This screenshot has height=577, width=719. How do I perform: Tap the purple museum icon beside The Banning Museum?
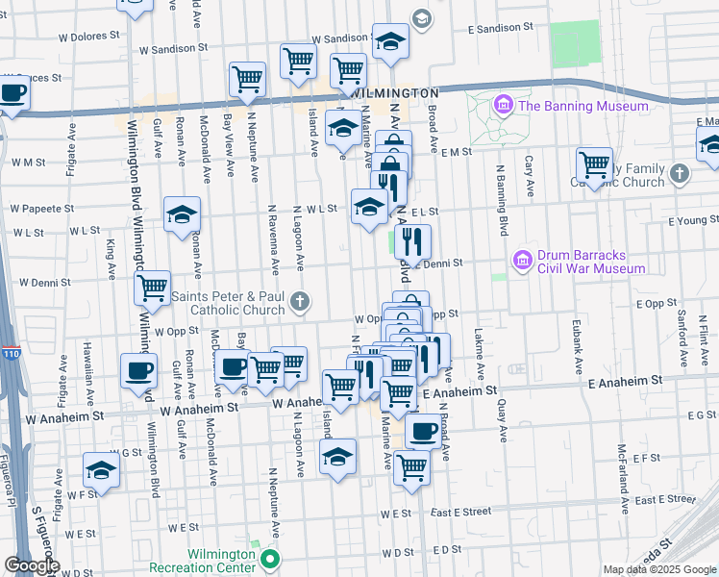502,105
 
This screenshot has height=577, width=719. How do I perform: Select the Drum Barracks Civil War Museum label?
591,262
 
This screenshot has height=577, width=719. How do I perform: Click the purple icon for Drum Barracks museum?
522,261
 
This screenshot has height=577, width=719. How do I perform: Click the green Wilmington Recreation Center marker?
270,559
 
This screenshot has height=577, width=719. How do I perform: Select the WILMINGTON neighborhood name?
396,92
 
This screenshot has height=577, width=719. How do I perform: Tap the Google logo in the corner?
32,565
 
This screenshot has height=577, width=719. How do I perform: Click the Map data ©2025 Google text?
659,569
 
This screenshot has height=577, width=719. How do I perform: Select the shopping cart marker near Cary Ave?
595,165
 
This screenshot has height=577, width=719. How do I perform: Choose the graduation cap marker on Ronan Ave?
182,215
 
